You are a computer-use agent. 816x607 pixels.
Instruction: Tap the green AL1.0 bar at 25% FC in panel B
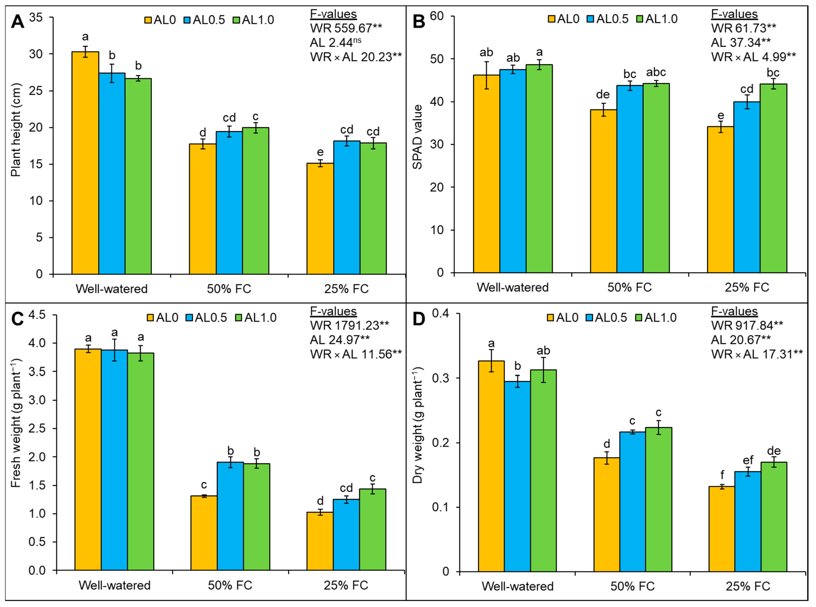click(773, 178)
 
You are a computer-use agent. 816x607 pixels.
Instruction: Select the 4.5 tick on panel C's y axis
click(37, 315)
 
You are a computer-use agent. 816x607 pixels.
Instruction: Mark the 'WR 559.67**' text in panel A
click(346, 28)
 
